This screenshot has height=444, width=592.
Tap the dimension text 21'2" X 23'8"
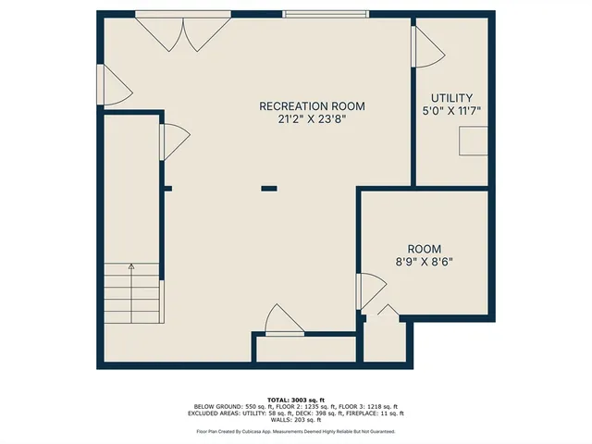click(x=305, y=118)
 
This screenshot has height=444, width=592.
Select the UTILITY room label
click(x=452, y=98)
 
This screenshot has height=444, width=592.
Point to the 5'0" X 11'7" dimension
click(x=452, y=111)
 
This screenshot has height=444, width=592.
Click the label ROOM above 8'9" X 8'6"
click(x=425, y=249)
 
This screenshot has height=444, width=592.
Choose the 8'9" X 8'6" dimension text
click(x=425, y=262)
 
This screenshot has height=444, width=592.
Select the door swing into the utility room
click(x=425, y=46)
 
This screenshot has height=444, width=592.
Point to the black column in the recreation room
click(x=269, y=189)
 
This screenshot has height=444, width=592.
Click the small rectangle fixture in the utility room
click(x=475, y=142)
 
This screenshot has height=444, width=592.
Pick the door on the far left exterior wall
click(x=114, y=85)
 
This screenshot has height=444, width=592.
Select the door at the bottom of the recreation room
click(x=281, y=320)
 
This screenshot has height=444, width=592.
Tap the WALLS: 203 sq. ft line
click(x=296, y=421)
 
